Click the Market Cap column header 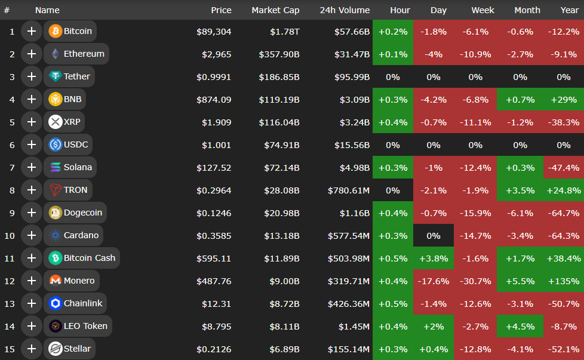coord(275,10)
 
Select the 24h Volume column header coord(345,10)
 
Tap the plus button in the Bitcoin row coord(32,31)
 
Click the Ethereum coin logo coord(56,54)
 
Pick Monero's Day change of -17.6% coord(433,281)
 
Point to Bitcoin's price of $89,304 coord(214,31)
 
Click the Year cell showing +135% coord(563,281)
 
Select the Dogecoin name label coord(83,213)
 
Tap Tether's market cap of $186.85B coord(279,76)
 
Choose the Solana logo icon coord(56,167)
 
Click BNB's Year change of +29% coord(563,99)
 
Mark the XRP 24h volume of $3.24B coord(352,122)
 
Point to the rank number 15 coord(10,349)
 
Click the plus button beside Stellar coord(32,349)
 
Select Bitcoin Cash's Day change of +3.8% coord(433,258)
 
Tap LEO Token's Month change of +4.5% coord(520,326)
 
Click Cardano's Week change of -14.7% coord(475,235)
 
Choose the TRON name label coord(76,190)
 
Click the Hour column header coord(400,10)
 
